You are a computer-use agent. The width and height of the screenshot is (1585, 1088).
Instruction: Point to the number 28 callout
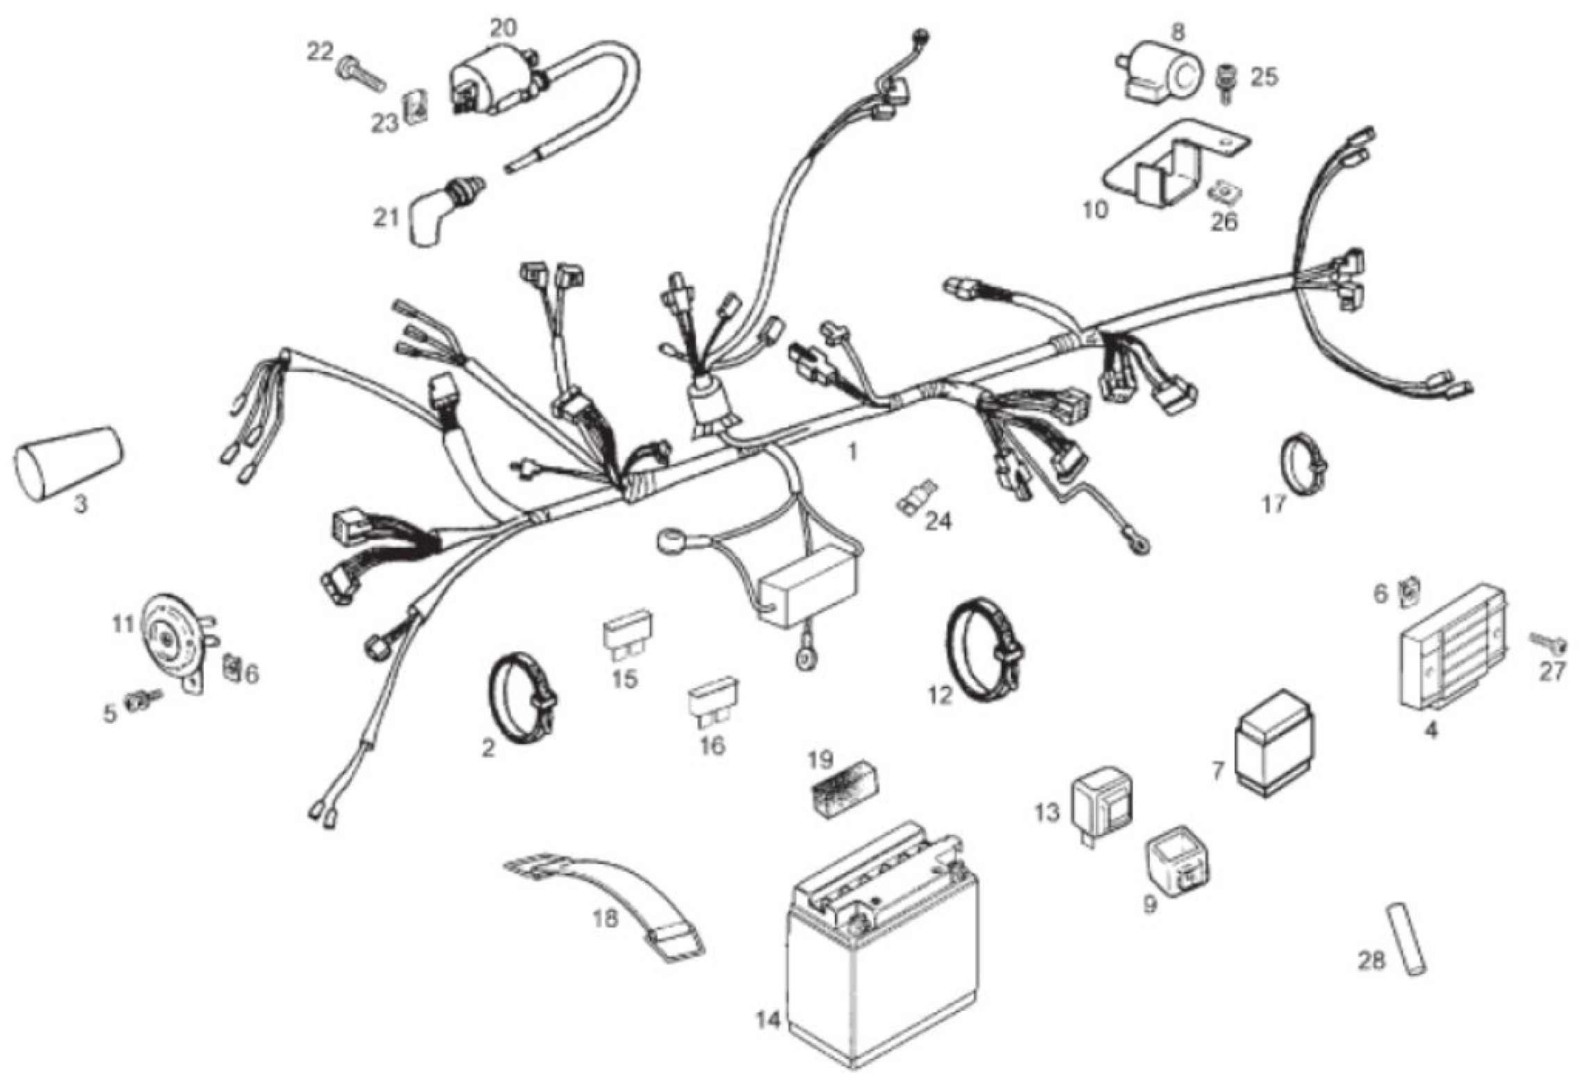tap(1372, 961)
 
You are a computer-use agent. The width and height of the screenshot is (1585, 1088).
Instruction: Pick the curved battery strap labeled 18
tap(605, 911)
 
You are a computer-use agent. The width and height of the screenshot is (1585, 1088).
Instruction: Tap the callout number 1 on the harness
tap(852, 453)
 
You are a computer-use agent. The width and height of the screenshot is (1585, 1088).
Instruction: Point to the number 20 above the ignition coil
tap(503, 28)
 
